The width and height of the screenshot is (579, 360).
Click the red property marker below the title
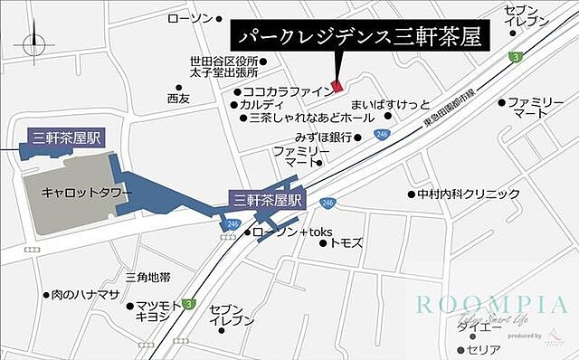coord(337,86)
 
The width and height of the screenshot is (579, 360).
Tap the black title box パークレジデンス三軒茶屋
coord(358,36)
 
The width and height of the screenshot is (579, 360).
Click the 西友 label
coord(178,98)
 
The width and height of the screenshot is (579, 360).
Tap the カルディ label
coord(261,105)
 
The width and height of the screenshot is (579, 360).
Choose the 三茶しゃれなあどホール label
coord(298,118)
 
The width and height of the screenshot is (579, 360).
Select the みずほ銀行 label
coord(322,137)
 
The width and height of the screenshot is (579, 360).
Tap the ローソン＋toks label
coord(291,232)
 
